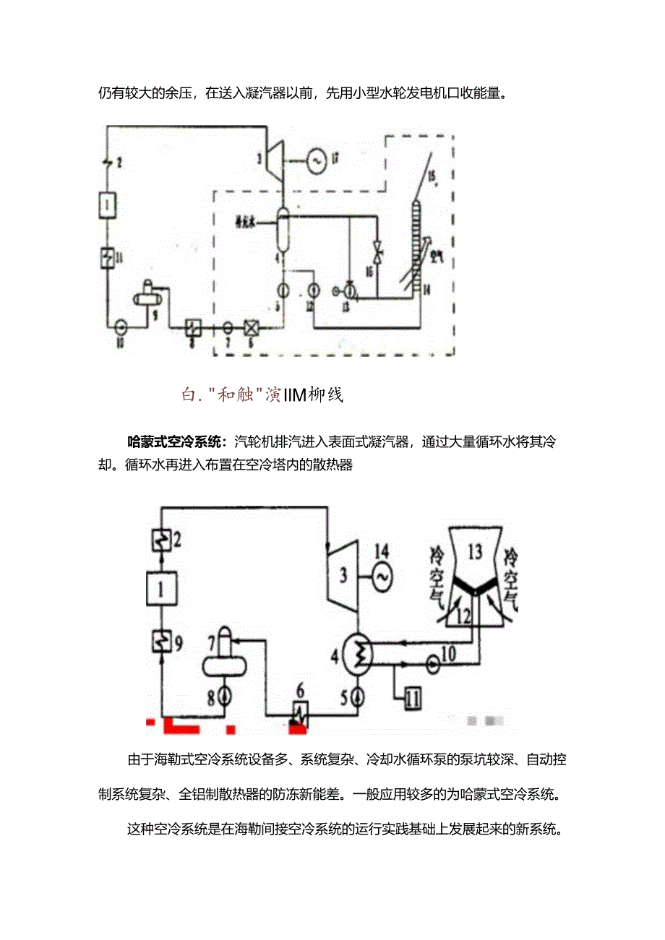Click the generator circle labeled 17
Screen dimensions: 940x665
coord(317,161)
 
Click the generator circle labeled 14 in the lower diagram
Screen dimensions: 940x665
coord(381,574)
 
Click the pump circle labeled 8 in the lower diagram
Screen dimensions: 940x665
coord(226,697)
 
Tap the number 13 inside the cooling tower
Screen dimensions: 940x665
coord(474,553)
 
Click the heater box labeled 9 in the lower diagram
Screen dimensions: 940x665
coord(160,641)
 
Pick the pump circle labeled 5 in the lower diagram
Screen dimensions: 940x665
coord(359,697)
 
